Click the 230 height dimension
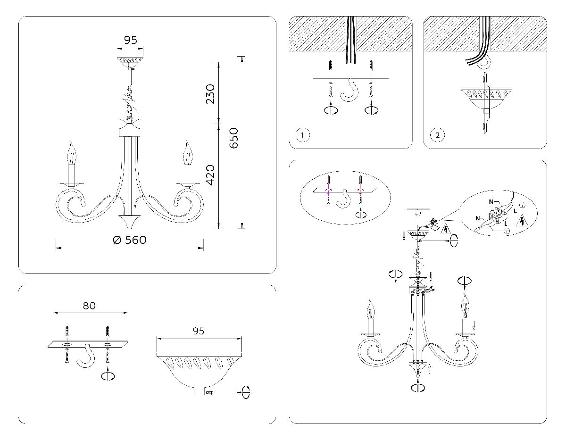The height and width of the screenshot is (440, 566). pos(210,94)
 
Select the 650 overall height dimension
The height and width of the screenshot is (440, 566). pos(234,138)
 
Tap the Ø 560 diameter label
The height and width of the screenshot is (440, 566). pos(130,240)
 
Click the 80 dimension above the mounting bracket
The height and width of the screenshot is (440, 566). pos(89,306)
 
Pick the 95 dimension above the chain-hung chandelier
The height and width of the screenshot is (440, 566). pos(130,40)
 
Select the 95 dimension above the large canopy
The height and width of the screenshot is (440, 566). pos(199,331)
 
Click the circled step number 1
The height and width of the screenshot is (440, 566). pos(303,136)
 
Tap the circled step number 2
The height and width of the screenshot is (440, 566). pos(438,136)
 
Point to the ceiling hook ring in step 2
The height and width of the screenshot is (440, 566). pos(484,62)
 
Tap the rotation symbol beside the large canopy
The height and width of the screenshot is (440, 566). pos(244,392)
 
